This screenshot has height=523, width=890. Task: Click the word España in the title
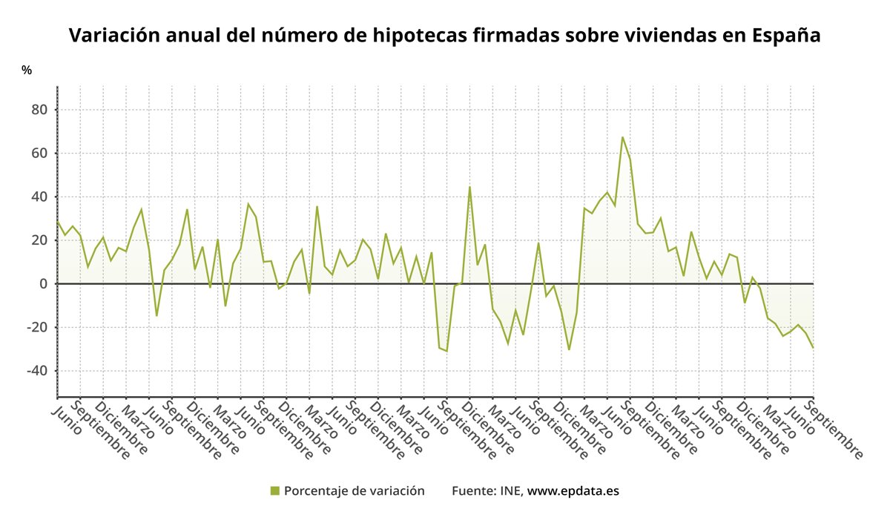point(785,35)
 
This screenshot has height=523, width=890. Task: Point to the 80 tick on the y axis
point(39,110)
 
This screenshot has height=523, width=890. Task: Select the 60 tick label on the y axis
point(39,154)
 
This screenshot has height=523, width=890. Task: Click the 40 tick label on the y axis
point(39,197)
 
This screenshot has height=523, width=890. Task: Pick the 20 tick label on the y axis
point(39,240)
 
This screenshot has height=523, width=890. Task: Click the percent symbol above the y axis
point(27,70)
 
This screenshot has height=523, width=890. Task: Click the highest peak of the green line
point(622,137)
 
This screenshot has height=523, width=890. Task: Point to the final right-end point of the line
point(813,347)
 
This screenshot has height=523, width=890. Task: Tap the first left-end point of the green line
point(58,221)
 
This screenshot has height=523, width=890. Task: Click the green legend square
point(274,491)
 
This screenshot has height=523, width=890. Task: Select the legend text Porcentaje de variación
point(354,491)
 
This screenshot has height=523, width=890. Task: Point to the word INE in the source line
point(512,491)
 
